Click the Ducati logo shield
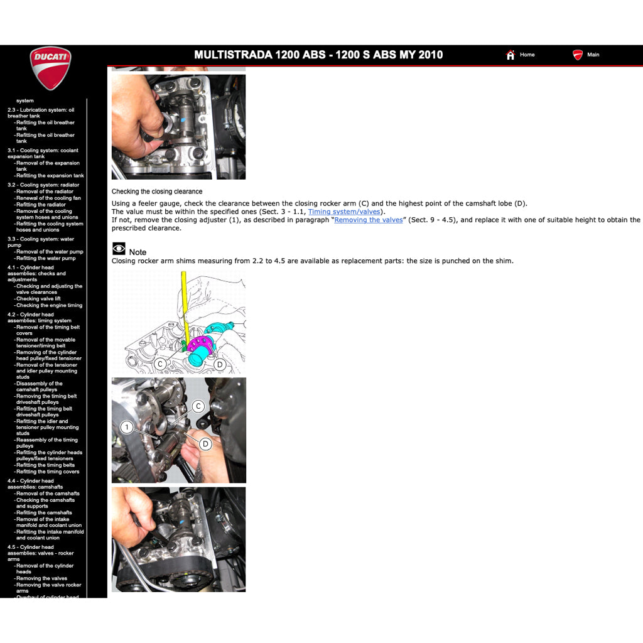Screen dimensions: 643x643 [50, 68]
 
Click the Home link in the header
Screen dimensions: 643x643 [526, 55]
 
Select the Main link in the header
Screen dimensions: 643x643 [592, 55]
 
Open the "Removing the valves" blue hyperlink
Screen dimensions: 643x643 [368, 220]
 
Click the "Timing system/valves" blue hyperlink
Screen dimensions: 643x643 [343, 212]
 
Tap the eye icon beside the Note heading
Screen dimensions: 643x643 [119, 249]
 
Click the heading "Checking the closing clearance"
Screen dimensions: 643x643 [157, 192]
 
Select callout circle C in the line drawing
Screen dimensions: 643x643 [160, 364]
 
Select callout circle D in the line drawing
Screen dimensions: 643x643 [220, 364]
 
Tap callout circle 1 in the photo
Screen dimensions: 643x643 [127, 428]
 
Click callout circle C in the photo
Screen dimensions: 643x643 [198, 406]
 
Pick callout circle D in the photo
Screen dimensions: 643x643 [205, 444]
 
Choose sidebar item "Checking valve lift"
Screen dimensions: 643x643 [38, 299]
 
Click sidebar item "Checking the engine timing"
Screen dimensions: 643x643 [49, 306]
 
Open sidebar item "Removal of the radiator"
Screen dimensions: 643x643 [45, 192]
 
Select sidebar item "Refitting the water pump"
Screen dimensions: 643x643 [46, 258]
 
